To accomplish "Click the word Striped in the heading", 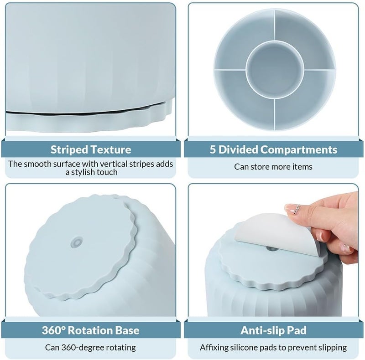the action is pyautogui.click(x=69, y=150).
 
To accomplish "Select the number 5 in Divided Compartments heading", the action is pyautogui.click(x=213, y=149).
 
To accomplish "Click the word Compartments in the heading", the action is pyautogui.click(x=299, y=150).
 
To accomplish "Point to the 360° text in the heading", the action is pyautogui.click(x=53, y=330).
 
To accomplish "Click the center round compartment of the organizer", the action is pyautogui.click(x=275, y=70).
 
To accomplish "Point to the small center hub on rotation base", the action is pyautogui.click(x=77, y=242).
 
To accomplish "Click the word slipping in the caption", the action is pyautogui.click(x=333, y=348).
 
